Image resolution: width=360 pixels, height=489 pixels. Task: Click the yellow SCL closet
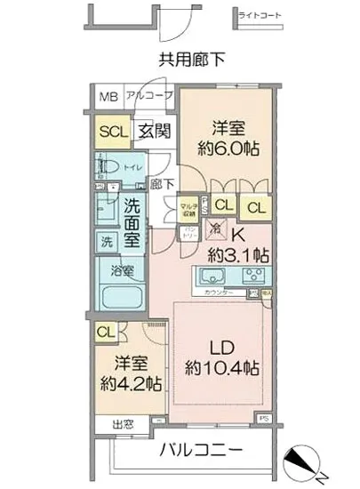113,132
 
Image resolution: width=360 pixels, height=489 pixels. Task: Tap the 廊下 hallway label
161,184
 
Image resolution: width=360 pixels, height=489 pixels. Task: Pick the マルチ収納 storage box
188,208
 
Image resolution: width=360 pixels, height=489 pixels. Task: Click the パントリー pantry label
189,233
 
